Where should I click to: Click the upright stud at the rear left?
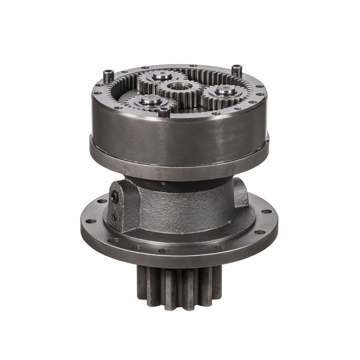(x=108, y=76)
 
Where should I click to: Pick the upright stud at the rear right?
(x=237, y=70)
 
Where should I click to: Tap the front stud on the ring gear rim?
(x=164, y=112)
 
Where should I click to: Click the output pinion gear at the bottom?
(x=179, y=288)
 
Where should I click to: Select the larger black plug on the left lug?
(x=114, y=196)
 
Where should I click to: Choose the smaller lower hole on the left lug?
(x=114, y=217)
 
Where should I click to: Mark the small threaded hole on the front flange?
(x=136, y=248)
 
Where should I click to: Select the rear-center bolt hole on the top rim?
(x=193, y=66)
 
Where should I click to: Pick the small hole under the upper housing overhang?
(x=164, y=183)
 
